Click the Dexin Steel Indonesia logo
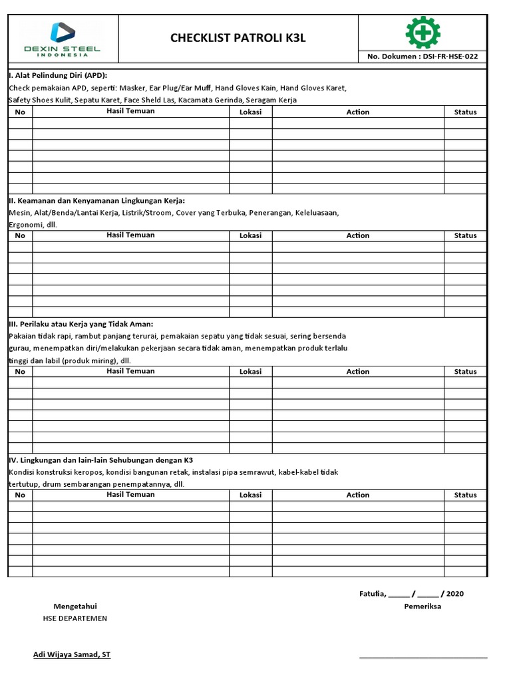[63, 39]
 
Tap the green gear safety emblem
[423, 32]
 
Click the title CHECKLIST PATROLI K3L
[238, 39]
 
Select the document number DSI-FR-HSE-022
[422, 57]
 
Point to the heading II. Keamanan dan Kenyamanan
[96, 201]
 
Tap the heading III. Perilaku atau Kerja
[81, 324]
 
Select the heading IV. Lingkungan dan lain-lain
[100, 460]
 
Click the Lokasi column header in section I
[250, 112]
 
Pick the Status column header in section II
[465, 235]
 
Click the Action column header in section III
[357, 372]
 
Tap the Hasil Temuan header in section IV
[130, 495]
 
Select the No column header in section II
[20, 235]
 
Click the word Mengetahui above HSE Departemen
[75, 606]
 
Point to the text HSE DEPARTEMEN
[75, 618]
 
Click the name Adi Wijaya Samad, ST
[72, 654]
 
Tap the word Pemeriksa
[423, 607]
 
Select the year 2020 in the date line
[456, 594]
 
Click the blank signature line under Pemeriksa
[423, 657]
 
